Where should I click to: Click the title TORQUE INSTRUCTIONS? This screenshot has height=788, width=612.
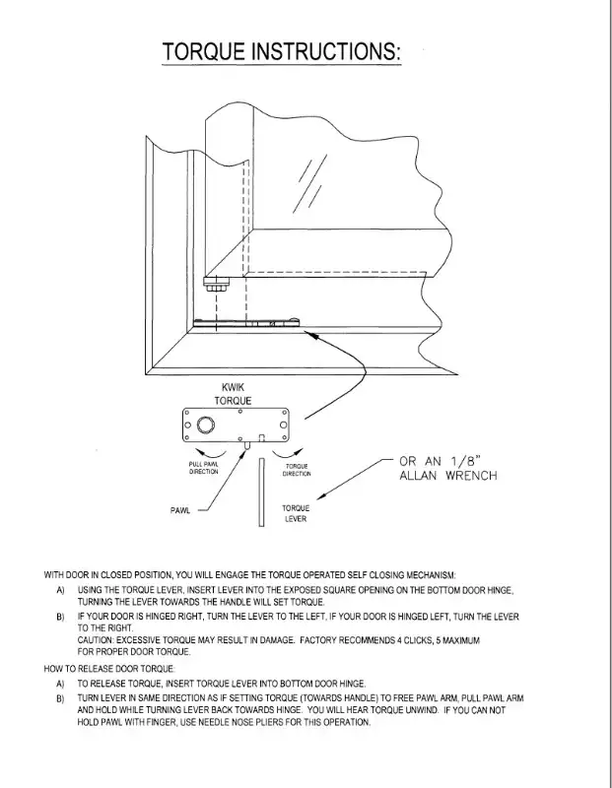[x=282, y=52]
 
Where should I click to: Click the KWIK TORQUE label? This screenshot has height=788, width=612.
[x=233, y=395]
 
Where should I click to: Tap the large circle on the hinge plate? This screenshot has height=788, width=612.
[x=205, y=426]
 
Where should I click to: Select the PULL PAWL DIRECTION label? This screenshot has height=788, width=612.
[x=203, y=469]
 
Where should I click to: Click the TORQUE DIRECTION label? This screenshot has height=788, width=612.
[x=297, y=470]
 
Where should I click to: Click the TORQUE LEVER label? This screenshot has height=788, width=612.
[x=297, y=513]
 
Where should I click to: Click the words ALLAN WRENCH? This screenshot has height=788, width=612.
[x=447, y=476]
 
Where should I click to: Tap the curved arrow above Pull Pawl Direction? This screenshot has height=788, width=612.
[x=211, y=452]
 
